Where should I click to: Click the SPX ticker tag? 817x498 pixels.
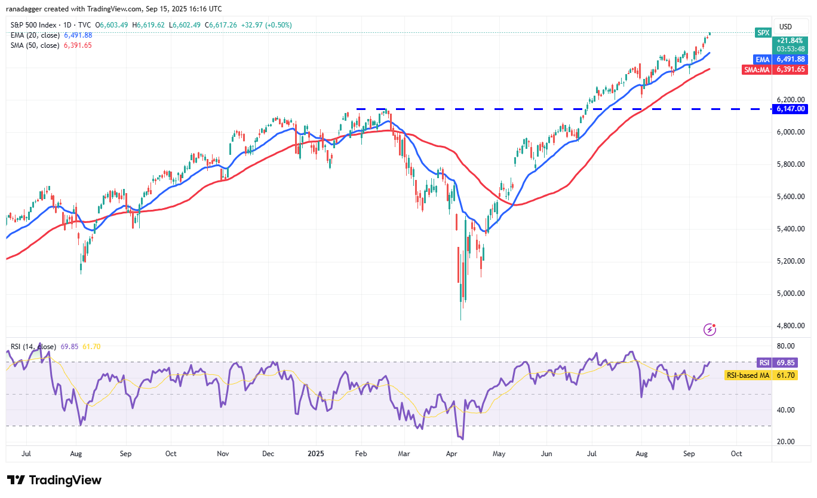[763, 33]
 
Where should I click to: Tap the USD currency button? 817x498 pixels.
[786, 26]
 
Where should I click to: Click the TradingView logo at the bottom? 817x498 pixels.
[54, 480]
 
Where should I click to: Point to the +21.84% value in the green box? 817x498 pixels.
[790, 39]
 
